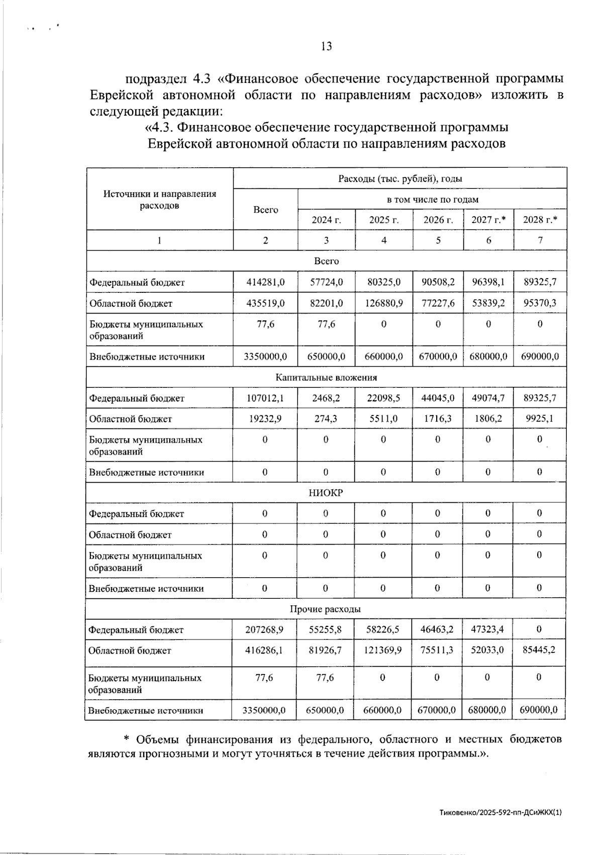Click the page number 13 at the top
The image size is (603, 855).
click(x=326, y=47)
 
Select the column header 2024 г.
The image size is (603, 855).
click(x=326, y=220)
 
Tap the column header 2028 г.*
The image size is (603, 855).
click(x=540, y=220)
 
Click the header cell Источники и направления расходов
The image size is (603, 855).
click(x=159, y=199)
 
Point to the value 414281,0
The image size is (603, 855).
click(x=265, y=282)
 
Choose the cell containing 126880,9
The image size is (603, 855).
click(x=384, y=303)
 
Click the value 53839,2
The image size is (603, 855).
click(x=488, y=303)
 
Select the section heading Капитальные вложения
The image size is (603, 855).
click(x=326, y=377)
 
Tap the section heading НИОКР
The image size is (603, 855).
click(x=326, y=493)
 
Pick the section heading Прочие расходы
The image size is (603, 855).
click(x=325, y=609)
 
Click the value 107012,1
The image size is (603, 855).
click(x=265, y=398)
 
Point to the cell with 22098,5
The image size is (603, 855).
click(x=383, y=398)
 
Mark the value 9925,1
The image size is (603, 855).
click(x=540, y=418)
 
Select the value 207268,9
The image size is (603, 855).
click(x=264, y=629)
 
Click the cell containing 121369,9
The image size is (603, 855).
click(x=383, y=650)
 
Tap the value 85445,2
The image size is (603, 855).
click(x=539, y=650)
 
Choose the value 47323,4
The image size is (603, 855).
click(x=487, y=629)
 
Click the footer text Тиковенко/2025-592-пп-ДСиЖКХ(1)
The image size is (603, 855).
click(x=500, y=812)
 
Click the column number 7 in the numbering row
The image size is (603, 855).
click(x=540, y=240)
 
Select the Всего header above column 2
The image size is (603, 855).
click(x=265, y=209)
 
